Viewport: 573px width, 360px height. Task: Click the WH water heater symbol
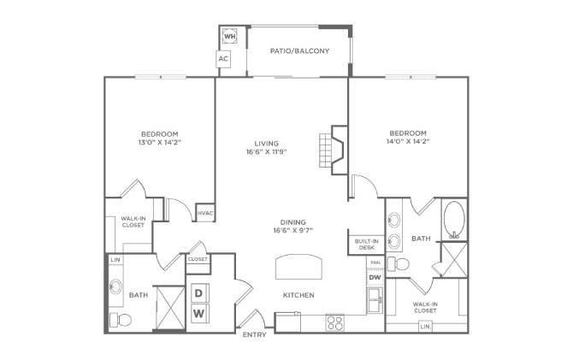229,36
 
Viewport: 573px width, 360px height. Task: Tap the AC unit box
223,58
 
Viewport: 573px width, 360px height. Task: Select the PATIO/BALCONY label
299,50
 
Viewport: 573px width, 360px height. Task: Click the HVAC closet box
205,213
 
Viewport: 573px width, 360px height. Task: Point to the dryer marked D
198,293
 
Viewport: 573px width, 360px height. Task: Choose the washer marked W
199,313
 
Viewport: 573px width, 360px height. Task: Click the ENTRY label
254,334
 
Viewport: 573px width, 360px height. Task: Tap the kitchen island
299,267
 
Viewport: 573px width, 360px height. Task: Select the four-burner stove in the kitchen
335,323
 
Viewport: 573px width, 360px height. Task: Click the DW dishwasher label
375,277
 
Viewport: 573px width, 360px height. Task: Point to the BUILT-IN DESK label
367,245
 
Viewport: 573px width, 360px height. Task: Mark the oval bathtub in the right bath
454,221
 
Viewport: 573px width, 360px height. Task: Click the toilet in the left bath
121,320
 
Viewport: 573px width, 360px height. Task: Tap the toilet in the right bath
398,263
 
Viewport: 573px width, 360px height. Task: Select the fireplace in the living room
334,150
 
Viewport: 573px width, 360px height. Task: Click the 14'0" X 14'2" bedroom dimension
408,141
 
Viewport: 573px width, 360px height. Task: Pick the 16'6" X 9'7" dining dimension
293,230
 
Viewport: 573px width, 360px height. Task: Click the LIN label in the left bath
115,259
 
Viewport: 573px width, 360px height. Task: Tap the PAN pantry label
375,263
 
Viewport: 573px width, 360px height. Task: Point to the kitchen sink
375,300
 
